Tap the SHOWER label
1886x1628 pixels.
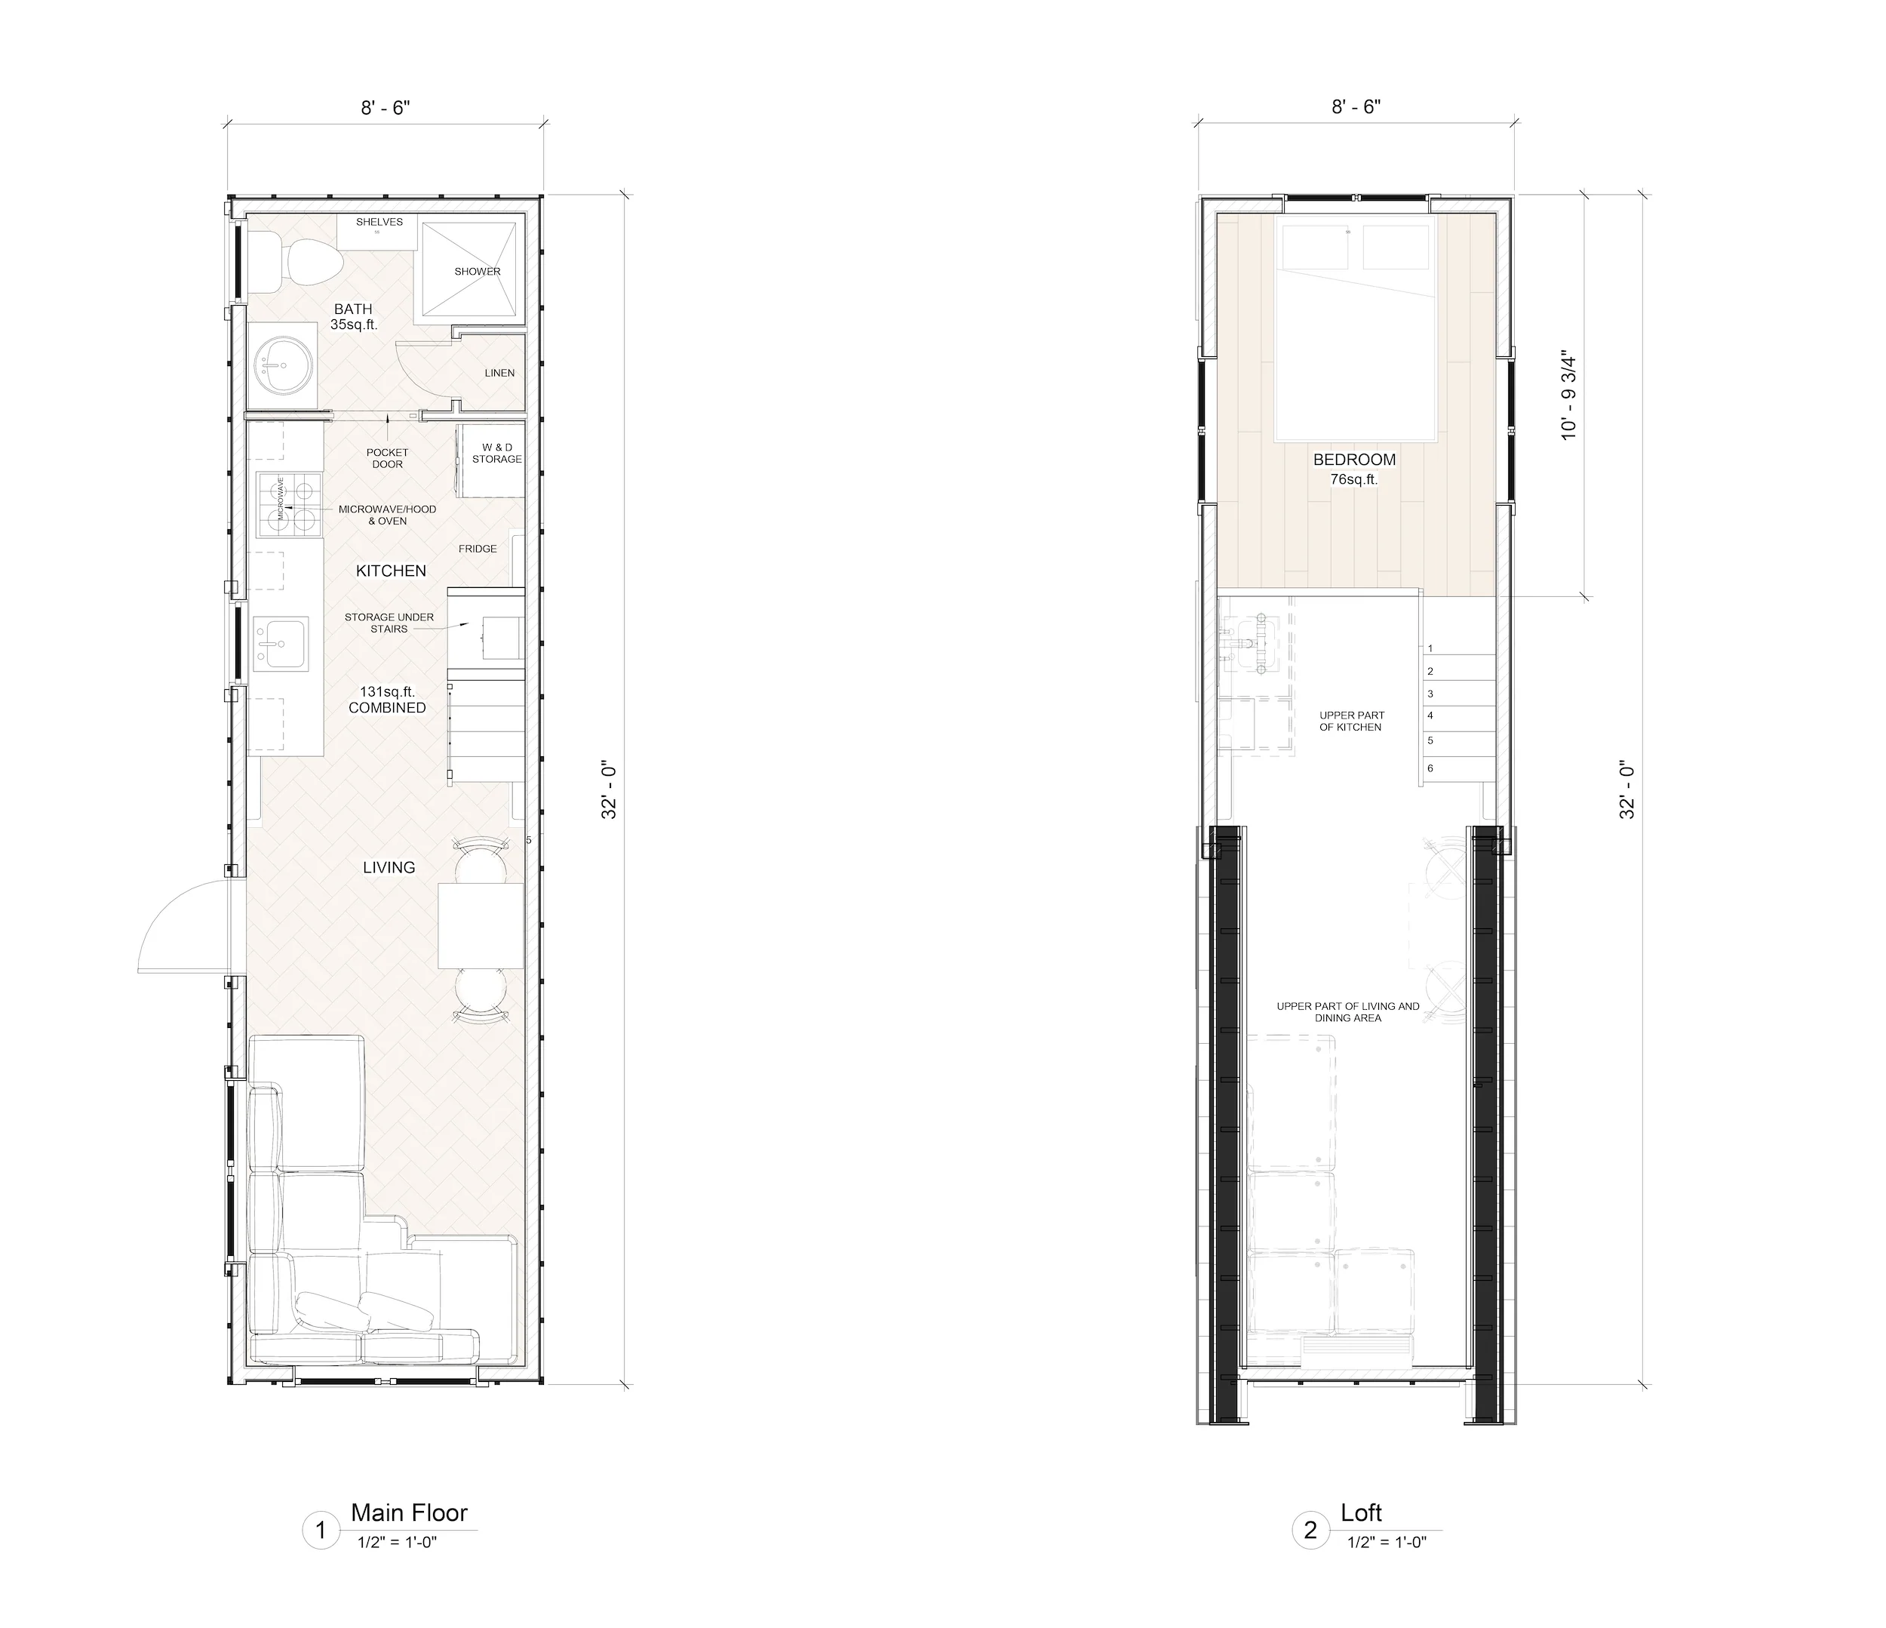click(477, 272)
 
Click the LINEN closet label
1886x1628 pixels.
click(499, 374)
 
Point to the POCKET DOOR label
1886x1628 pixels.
click(387, 458)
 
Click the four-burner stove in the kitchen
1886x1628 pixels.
click(290, 504)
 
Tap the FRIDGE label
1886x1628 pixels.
click(477, 549)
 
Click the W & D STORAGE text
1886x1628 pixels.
click(496, 454)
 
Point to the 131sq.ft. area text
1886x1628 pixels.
click(387, 692)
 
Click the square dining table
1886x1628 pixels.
click(481, 925)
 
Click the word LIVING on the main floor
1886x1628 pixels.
click(389, 868)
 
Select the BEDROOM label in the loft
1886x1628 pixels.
click(1354, 460)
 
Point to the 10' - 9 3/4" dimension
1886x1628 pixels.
click(1568, 397)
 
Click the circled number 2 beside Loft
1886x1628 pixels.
click(1310, 1531)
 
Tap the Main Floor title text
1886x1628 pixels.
click(409, 1513)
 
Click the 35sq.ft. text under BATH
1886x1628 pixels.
click(353, 325)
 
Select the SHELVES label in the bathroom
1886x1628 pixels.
click(379, 222)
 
